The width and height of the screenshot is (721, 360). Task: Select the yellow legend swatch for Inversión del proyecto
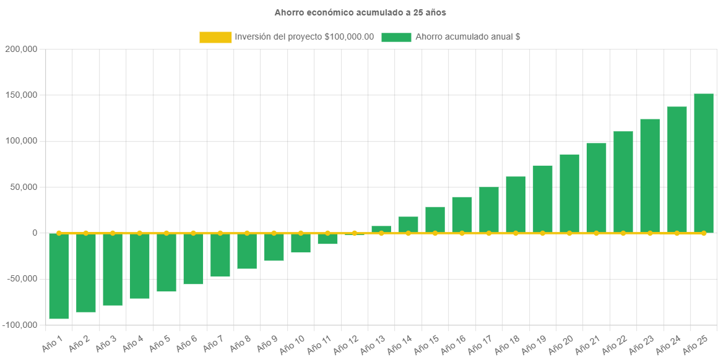[x=215, y=37]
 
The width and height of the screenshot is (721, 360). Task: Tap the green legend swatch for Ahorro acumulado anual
[x=396, y=37]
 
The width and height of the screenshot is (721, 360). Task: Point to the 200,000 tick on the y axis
[x=21, y=49]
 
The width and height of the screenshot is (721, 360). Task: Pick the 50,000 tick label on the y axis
[x=23, y=187]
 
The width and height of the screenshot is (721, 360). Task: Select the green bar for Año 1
[x=59, y=276]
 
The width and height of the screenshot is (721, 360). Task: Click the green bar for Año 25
[x=704, y=163]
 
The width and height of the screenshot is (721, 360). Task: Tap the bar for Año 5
[x=166, y=262]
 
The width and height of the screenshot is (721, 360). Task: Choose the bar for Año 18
[x=516, y=205]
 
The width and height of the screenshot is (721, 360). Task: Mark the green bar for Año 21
[x=597, y=188]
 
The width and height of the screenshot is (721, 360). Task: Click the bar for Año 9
[x=274, y=247]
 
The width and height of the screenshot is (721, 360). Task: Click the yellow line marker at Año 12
[x=355, y=233]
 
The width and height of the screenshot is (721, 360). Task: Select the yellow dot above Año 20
[x=569, y=233]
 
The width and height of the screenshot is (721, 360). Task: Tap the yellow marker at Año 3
[x=113, y=233]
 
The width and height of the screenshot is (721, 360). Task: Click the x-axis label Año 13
[x=373, y=345]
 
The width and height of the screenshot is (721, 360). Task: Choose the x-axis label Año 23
[x=641, y=345]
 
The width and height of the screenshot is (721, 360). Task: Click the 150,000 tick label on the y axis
[x=21, y=95]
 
